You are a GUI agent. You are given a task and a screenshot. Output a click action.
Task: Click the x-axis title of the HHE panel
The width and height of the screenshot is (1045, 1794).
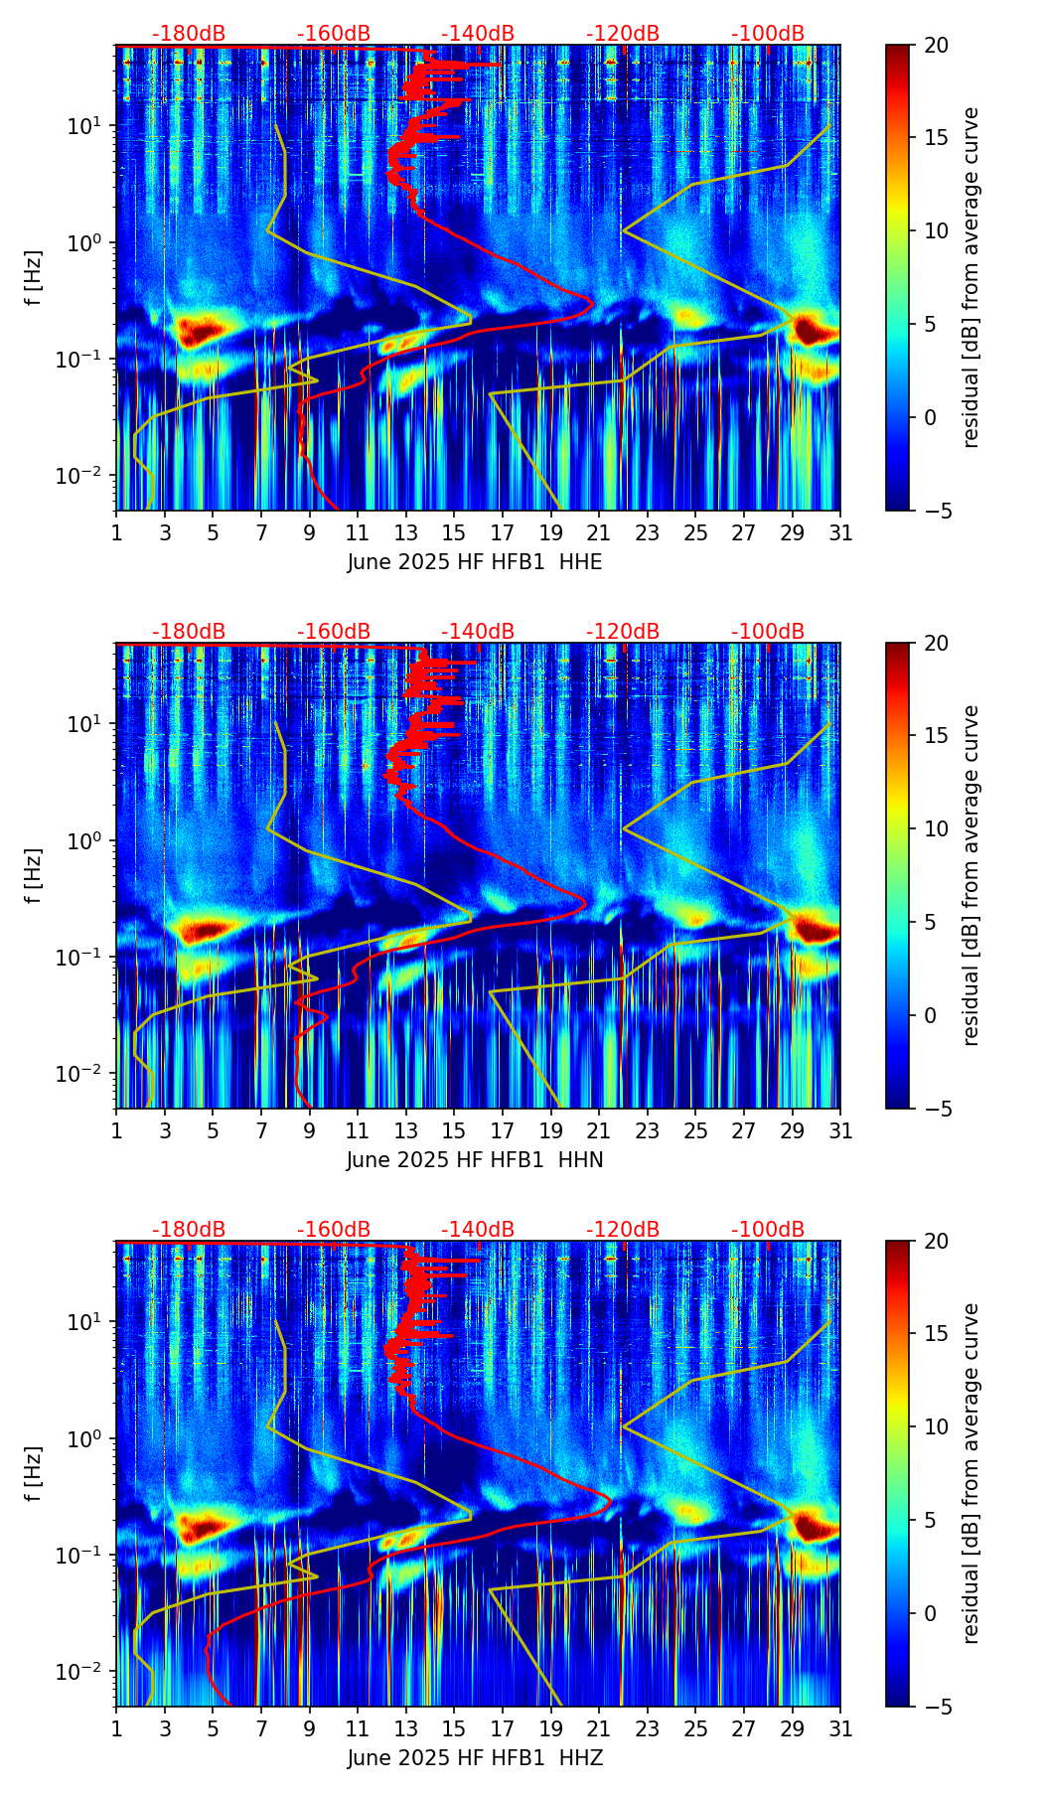coord(475,562)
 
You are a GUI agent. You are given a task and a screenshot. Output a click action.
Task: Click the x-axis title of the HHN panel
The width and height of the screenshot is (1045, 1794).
coord(475,1160)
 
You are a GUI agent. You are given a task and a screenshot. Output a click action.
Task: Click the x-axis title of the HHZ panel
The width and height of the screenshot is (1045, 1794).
coord(475,1758)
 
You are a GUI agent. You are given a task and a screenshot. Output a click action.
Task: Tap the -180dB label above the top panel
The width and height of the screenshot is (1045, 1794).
coord(189,34)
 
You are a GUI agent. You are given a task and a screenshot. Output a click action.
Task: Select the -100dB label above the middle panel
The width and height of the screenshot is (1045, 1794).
coord(768,632)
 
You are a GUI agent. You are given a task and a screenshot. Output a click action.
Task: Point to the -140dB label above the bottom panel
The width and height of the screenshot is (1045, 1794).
coord(478,1230)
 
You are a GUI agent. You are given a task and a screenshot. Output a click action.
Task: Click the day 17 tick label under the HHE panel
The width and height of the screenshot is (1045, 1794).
coord(503,532)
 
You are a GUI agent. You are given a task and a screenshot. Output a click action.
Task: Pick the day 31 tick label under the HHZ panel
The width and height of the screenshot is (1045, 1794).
coord(840,1728)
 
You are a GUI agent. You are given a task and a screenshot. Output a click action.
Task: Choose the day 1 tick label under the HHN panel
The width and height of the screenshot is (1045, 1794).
coord(116,1130)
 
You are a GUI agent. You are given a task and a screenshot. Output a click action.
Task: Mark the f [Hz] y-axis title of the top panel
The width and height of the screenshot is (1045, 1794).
coord(34,278)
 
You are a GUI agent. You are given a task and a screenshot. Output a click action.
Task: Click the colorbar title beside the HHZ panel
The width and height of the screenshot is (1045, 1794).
coord(971,1473)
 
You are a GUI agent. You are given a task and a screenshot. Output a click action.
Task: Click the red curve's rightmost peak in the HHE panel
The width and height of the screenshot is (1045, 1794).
coord(593,302)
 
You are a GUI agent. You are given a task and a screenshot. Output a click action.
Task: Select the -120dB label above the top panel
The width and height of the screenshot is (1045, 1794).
coord(623,34)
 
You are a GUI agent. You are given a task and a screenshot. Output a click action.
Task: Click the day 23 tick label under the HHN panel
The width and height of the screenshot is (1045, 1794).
coord(648,1130)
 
